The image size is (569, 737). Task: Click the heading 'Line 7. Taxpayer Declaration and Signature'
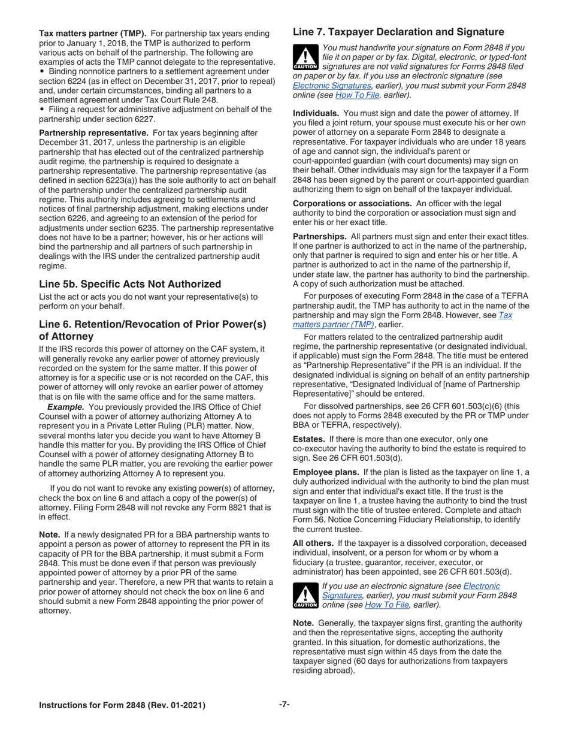[398, 32]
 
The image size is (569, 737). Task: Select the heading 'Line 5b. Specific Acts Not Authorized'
[130, 283]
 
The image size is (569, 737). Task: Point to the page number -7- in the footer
[284, 705]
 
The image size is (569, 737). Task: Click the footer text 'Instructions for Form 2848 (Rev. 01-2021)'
[122, 705]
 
